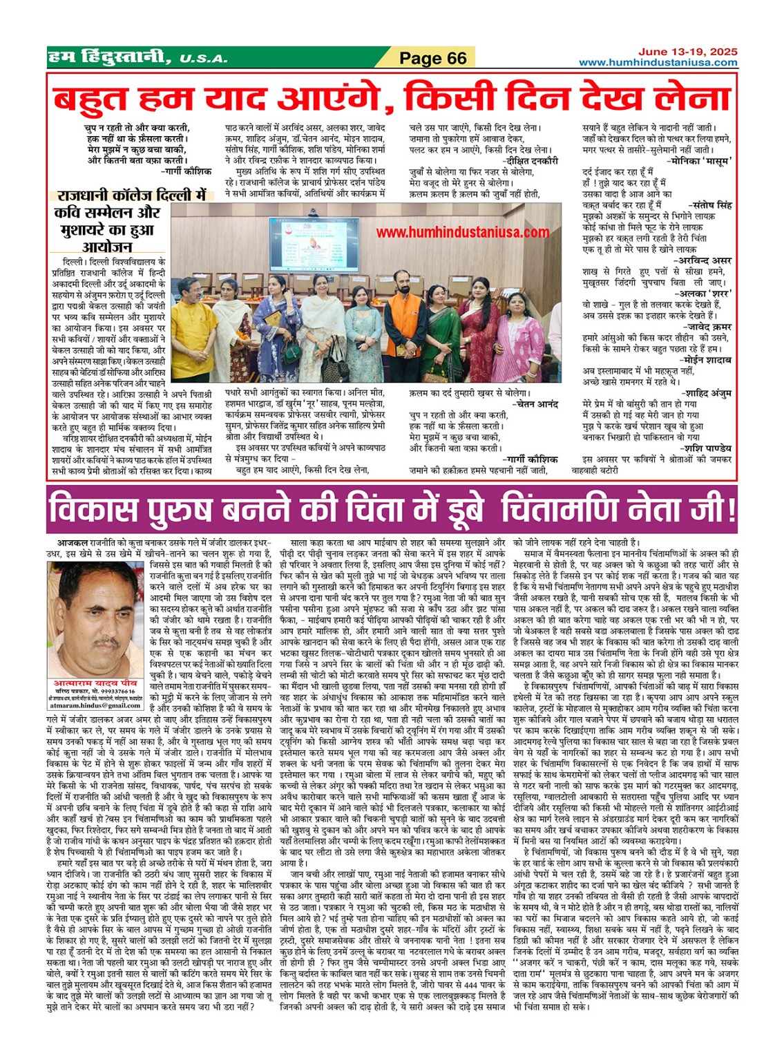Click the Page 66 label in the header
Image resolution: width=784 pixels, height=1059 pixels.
click(433, 59)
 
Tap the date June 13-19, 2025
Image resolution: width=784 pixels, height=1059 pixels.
click(687, 52)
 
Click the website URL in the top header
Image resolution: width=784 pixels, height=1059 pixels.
click(658, 63)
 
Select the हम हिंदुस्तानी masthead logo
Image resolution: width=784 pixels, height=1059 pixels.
click(108, 57)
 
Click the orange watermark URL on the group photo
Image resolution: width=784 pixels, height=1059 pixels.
click(462, 233)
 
